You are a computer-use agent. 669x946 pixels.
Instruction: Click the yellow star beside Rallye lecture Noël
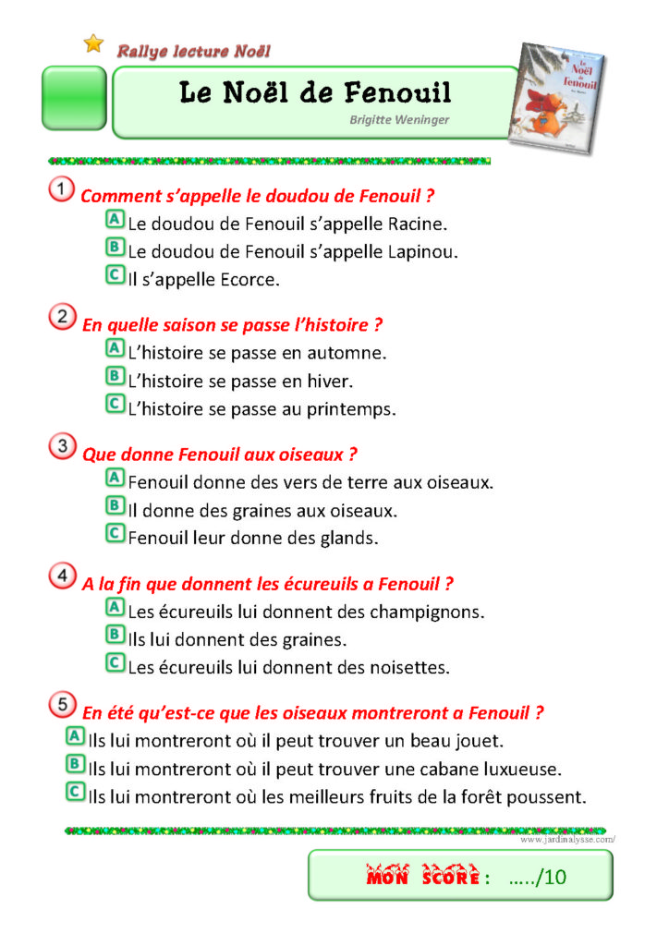pos(93,43)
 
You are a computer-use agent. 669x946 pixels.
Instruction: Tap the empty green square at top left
pos(73,98)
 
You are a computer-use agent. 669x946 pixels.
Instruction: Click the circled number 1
pos(62,190)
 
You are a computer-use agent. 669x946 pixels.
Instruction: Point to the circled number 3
pos(62,448)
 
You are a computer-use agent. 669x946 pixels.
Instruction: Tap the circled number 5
pos(62,707)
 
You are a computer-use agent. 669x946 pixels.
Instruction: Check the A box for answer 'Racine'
pos(115,220)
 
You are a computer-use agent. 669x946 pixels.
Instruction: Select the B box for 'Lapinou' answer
pos(115,248)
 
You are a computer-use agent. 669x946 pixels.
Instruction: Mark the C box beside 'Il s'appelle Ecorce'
pos(115,275)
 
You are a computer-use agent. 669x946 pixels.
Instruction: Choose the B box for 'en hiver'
pos(115,377)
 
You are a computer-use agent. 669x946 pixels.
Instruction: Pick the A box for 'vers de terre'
pos(115,479)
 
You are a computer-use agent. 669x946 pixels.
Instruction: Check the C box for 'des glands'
pos(115,533)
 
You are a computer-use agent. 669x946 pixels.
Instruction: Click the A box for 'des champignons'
pos(115,608)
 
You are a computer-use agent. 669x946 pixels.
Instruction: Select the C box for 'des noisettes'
pos(115,662)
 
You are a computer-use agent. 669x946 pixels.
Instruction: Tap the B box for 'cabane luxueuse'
pos(75,765)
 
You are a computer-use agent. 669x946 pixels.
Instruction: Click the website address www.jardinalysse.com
pos(566,840)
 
